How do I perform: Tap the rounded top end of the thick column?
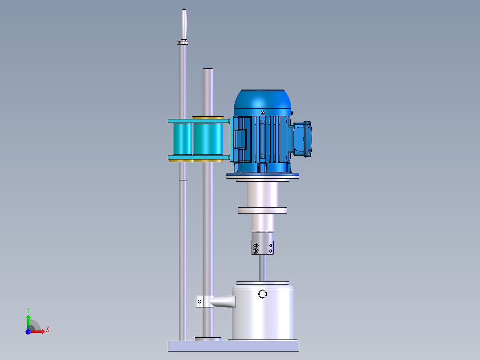208,70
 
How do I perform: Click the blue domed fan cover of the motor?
263,101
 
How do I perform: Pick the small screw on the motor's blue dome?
263,112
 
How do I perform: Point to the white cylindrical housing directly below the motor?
263,194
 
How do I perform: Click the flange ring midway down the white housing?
263,210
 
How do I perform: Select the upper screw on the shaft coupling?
255,245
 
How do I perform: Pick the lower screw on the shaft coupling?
255,251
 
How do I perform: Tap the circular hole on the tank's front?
262,294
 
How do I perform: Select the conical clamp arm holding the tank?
223,302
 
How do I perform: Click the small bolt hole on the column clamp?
199,302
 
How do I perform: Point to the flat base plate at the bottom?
233,346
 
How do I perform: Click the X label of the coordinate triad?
48,330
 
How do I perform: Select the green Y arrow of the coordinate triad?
28,319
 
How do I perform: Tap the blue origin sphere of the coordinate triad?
28,331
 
